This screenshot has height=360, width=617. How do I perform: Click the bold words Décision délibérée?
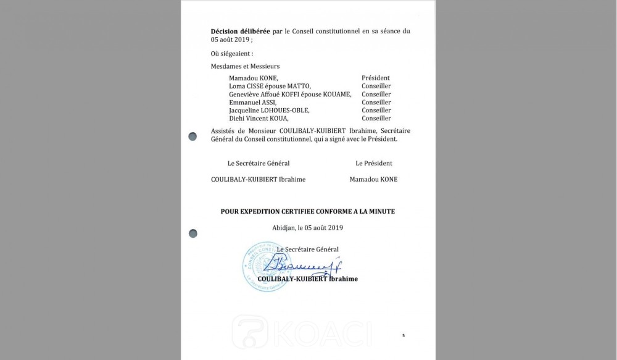pos(231,31)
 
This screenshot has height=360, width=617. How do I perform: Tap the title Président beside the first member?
pos(376,78)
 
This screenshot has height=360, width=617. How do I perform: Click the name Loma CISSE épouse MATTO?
pos(270,86)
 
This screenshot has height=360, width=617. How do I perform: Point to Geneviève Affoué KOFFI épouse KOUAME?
pos(290,94)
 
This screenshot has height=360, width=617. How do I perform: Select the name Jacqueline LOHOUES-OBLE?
pos(269,111)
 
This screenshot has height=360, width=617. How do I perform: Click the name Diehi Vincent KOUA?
pos(259,119)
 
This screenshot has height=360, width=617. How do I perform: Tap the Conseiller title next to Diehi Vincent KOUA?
pos(376,119)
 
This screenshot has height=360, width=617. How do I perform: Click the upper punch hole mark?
pos(193,136)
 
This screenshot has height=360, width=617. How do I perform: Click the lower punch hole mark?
pos(193,233)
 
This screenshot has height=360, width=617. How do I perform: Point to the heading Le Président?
pos(374,164)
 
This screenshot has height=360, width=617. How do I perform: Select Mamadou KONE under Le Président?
pos(373,180)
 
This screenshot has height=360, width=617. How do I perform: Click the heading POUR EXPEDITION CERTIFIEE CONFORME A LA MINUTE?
pos(308,211)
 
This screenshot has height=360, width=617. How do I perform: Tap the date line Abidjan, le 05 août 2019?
pos(308,228)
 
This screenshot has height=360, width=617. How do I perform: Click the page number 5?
pos(404,335)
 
